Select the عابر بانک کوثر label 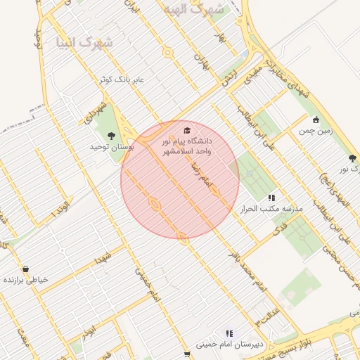122,79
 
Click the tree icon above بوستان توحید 110,135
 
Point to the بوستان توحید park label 111,148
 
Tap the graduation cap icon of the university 186,130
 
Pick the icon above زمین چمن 316,119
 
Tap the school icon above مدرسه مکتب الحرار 271,198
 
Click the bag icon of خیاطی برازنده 26,269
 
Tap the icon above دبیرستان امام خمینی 229,333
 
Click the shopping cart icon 186,354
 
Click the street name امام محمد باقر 250,274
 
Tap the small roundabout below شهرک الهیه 167,52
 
